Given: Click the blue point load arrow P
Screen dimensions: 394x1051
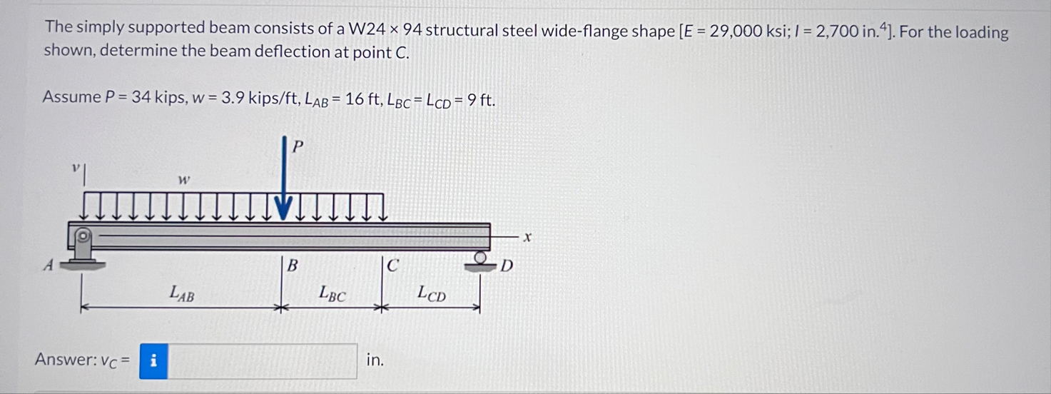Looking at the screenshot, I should tap(284, 178).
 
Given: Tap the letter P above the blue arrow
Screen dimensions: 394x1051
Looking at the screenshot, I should tap(298, 146).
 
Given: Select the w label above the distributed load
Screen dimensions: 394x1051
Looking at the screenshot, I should tap(183, 180).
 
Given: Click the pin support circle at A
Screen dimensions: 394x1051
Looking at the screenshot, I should tap(83, 234).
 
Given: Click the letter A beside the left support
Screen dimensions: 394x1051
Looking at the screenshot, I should tap(49, 266).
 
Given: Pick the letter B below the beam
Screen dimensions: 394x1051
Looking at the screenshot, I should tap(292, 266).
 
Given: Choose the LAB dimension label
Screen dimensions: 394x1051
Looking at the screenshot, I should tap(181, 292).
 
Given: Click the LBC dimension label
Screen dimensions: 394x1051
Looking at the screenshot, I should tap(332, 292).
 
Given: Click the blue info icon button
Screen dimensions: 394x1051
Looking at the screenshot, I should tap(153, 360).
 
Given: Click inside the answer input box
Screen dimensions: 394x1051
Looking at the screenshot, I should tap(263, 360).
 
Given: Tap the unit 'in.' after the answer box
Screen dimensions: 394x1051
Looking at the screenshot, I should tap(375, 360).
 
